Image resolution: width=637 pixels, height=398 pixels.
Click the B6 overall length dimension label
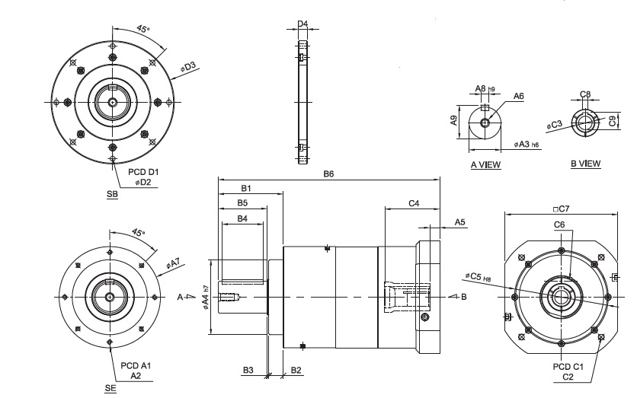pyautogui.click(x=328, y=174)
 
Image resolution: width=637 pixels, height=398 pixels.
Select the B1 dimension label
pyautogui.click(x=246, y=188)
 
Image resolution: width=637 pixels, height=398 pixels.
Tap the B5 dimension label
pyautogui.click(x=242, y=203)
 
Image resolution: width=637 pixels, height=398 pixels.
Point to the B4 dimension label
pyautogui.click(x=242, y=218)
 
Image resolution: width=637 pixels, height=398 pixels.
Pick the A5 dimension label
pyautogui.click(x=460, y=221)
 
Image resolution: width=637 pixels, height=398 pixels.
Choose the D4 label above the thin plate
pyautogui.click(x=302, y=24)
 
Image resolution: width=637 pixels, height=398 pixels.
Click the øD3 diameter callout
pyautogui.click(x=188, y=67)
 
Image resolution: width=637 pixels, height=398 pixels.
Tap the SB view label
pyautogui.click(x=112, y=194)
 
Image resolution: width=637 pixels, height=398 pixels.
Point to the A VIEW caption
pyautogui.click(x=485, y=164)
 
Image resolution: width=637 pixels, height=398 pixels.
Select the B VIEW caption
pyautogui.click(x=585, y=164)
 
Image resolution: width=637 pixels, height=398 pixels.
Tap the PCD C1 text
pyautogui.click(x=568, y=367)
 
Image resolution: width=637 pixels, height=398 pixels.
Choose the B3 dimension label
pyautogui.click(x=248, y=370)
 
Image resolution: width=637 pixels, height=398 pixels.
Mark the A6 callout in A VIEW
pyautogui.click(x=518, y=96)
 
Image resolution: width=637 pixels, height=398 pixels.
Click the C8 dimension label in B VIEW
pyautogui.click(x=585, y=94)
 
